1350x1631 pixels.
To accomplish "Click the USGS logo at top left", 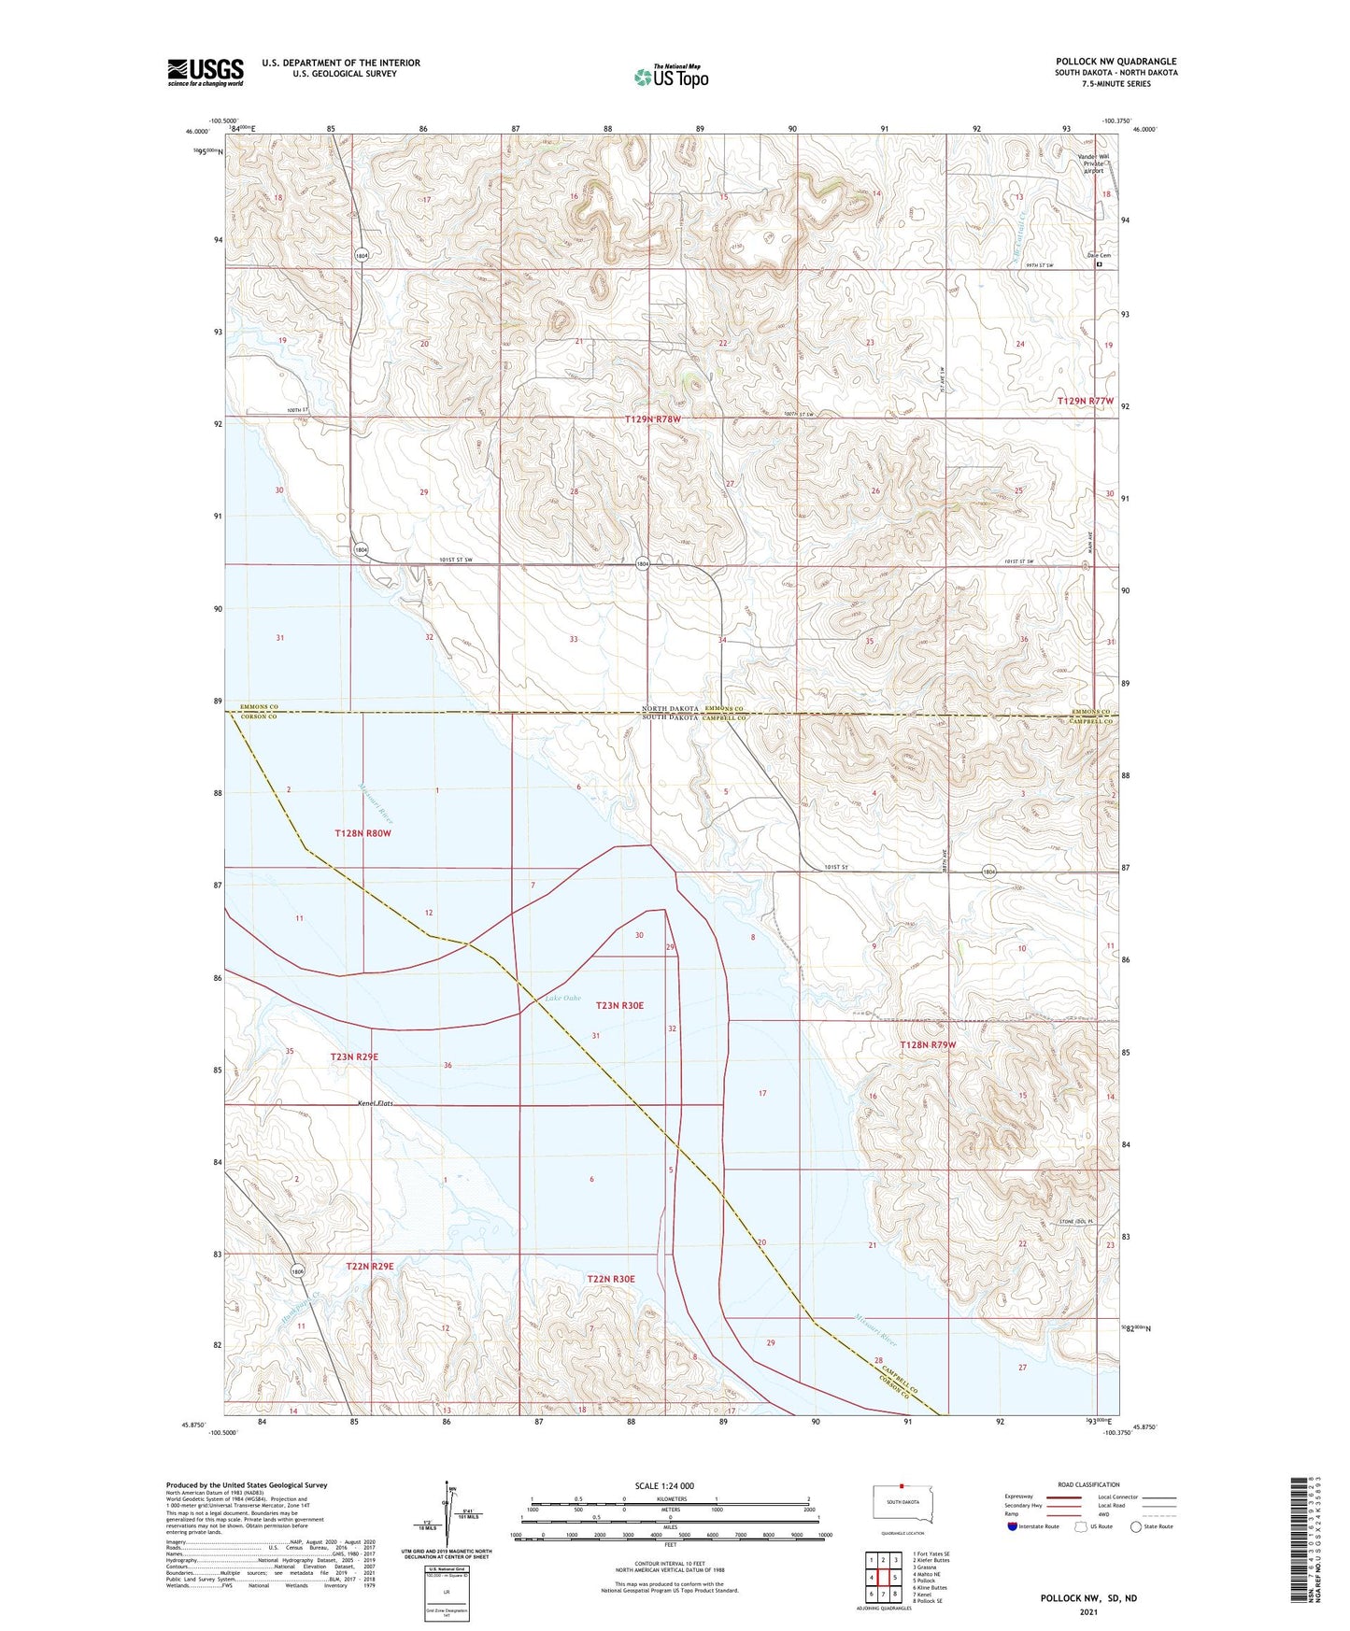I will click(206, 72).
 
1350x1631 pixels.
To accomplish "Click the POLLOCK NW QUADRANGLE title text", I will click(1116, 62).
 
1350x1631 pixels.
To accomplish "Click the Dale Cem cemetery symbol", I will click(1099, 264).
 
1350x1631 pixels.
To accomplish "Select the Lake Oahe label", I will click(562, 999).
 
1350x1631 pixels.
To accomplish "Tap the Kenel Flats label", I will click(376, 1103).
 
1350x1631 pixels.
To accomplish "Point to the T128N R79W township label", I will click(928, 1044).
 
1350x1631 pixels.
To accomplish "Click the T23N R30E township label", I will click(619, 1005).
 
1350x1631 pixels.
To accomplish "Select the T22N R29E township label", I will click(370, 1266).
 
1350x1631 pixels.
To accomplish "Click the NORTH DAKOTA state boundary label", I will click(670, 709).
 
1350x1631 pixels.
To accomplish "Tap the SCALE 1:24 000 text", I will click(664, 1485).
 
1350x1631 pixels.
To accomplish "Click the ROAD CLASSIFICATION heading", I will click(1088, 1484).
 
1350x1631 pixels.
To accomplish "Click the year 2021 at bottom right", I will click(1087, 1611).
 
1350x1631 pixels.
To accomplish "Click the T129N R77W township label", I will click(1086, 401).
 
